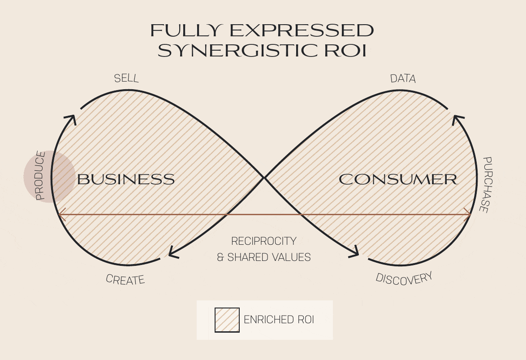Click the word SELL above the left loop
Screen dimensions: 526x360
pyautogui.click(x=126, y=78)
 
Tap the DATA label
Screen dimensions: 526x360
pyautogui.click(x=403, y=79)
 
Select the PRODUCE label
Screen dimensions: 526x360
pyautogui.click(x=41, y=176)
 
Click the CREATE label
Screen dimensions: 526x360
pyautogui.click(x=125, y=279)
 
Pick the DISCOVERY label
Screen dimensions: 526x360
pyautogui.click(x=404, y=278)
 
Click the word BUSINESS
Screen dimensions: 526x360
pyautogui.click(x=126, y=179)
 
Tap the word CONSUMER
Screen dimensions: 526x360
pyautogui.click(x=398, y=179)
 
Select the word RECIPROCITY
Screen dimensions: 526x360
pyautogui.click(x=263, y=241)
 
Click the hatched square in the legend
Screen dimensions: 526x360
pyautogui.click(x=227, y=320)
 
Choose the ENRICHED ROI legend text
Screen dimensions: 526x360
pyautogui.click(x=279, y=320)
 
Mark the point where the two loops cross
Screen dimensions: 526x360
pyautogui.click(x=264, y=178)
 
